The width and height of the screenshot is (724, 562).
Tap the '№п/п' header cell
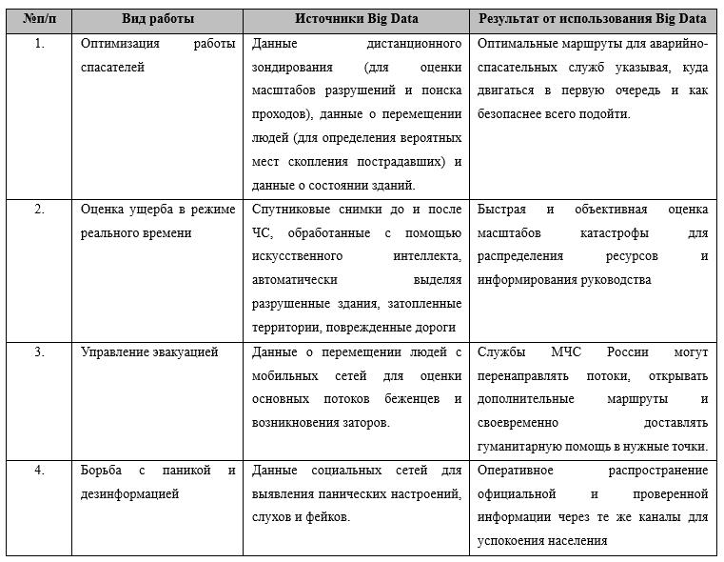[x=39, y=19]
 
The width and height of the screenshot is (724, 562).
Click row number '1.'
[x=39, y=45]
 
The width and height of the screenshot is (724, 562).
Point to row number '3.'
[x=39, y=351]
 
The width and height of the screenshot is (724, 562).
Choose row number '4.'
[x=39, y=471]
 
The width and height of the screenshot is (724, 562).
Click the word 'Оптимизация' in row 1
[x=121, y=45]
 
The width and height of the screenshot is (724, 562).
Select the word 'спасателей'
[x=113, y=69]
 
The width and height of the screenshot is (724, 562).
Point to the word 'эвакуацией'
[x=185, y=351]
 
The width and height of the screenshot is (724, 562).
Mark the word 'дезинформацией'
[x=130, y=493]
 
